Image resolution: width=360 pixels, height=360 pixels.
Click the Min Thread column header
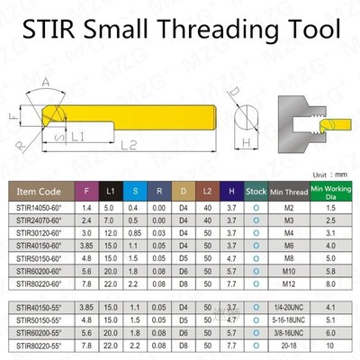(289, 191)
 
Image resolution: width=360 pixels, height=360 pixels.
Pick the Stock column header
(256, 191)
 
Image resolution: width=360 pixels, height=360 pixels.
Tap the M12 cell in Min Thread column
(289, 282)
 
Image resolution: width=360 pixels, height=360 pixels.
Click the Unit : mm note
(331, 175)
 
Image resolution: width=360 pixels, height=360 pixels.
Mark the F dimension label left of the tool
(13, 116)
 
